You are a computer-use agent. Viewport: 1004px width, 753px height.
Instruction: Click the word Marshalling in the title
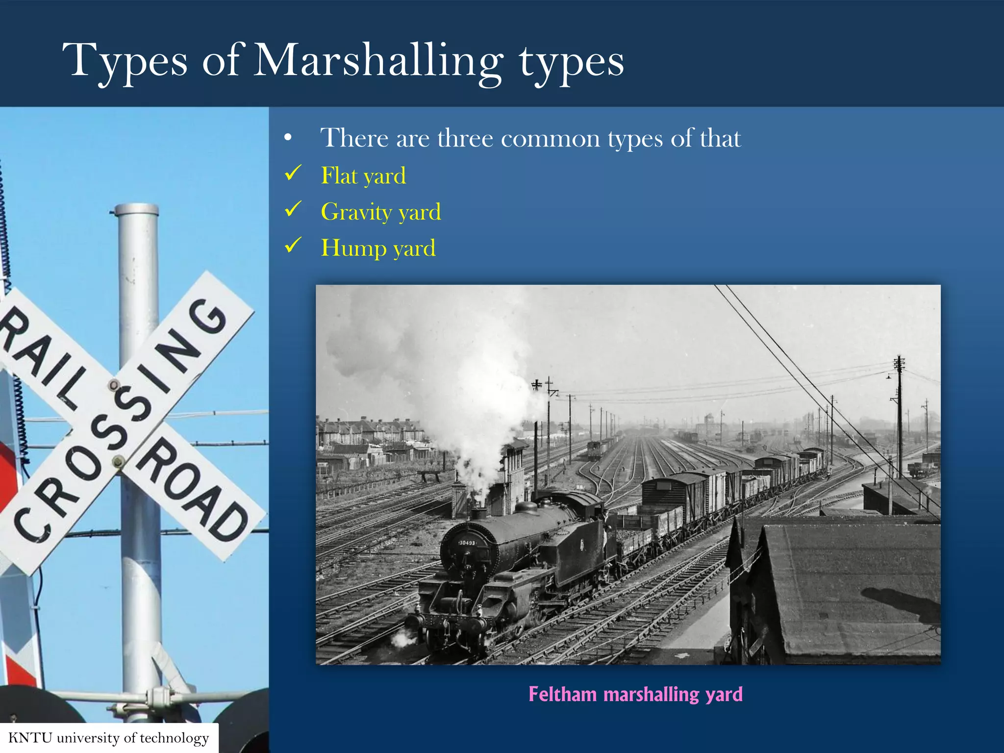[x=377, y=61]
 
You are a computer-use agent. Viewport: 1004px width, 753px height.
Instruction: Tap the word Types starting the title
[x=125, y=61]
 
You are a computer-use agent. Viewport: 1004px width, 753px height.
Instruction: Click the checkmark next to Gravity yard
[x=293, y=209]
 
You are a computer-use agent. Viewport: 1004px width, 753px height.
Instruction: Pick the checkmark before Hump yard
[x=293, y=245]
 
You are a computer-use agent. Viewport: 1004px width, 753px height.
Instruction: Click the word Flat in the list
[x=339, y=176]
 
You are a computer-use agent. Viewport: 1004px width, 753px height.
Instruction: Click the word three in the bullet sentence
[x=465, y=138]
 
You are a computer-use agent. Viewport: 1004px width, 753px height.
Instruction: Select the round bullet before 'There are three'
[x=288, y=139]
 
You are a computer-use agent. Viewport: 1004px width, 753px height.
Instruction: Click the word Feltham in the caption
[x=563, y=694]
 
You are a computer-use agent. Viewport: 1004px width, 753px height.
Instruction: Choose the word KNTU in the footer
[x=30, y=738]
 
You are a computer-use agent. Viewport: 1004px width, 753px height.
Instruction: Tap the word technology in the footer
[x=175, y=738]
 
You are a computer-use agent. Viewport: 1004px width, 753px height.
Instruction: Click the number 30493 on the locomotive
[x=467, y=543]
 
